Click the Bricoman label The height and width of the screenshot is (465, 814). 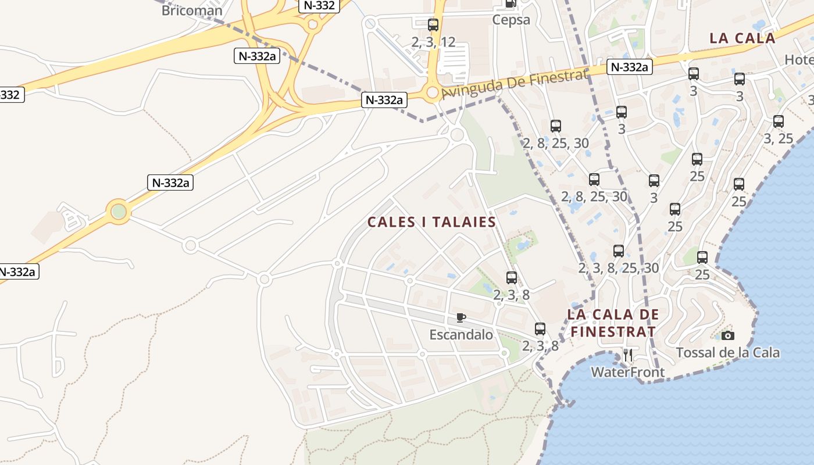click(x=192, y=10)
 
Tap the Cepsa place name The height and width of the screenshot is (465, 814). click(x=511, y=20)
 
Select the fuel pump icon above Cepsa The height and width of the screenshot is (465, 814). click(x=510, y=3)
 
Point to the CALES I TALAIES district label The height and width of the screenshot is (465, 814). click(x=431, y=222)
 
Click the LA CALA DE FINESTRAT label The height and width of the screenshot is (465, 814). click(x=613, y=323)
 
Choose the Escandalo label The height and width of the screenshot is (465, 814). click(x=461, y=335)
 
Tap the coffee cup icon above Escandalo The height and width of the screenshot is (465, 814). click(x=461, y=317)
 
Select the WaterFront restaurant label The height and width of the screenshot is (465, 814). click(x=627, y=372)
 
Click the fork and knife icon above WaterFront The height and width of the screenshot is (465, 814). click(x=627, y=355)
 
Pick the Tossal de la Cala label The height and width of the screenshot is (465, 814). click(x=727, y=353)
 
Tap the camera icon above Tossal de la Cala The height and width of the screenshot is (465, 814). click(x=727, y=335)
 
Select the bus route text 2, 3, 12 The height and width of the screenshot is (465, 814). click(x=433, y=42)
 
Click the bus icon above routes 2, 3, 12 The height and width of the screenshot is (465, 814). click(x=433, y=25)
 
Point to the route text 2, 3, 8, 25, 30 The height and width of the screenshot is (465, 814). click(x=619, y=268)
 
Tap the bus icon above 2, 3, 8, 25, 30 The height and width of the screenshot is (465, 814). click(x=619, y=251)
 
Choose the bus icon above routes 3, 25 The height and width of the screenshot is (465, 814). click(x=779, y=121)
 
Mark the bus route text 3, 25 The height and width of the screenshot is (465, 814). click(x=779, y=139)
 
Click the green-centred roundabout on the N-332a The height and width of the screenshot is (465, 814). click(x=119, y=211)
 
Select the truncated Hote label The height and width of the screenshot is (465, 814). click(x=799, y=60)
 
